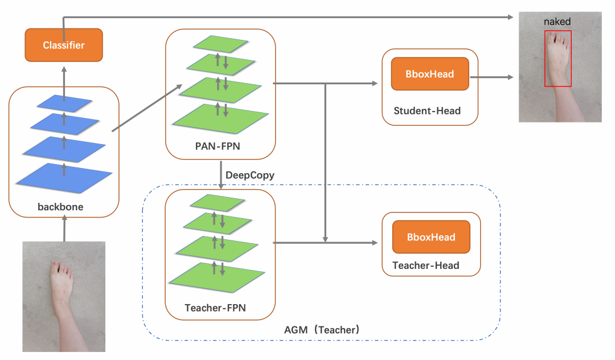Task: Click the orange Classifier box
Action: [64, 45]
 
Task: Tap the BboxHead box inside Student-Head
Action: [430, 74]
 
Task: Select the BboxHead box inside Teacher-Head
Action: [431, 237]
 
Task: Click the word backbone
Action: [60, 207]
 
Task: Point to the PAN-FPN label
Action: [218, 146]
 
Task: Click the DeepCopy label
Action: [250, 175]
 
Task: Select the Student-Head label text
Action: [427, 111]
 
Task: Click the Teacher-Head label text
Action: [426, 265]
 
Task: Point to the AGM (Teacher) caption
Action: [322, 330]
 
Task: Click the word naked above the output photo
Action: [557, 22]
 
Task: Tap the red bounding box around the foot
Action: [557, 59]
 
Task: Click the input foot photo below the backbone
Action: [64, 296]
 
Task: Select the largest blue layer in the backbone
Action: [64, 174]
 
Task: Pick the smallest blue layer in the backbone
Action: [64, 103]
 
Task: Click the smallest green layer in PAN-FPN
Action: [220, 44]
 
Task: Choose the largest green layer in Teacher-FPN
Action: [217, 277]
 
